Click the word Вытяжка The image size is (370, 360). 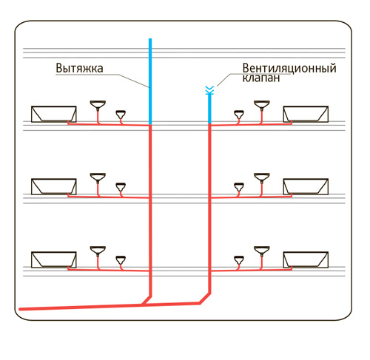79,68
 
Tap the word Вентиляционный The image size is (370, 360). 289,68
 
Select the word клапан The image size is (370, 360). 261,78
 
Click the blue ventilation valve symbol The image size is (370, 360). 209,90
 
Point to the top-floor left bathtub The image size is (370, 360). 54,114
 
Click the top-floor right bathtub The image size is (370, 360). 306,114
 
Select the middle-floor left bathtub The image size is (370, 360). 54,186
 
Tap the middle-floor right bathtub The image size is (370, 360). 306,186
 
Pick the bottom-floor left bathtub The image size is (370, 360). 54,259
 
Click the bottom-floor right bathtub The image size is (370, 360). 306,259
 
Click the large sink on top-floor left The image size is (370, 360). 98,104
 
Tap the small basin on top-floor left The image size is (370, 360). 121,114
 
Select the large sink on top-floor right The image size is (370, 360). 262,104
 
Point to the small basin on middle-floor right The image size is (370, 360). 239,186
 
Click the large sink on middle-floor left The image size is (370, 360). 98,177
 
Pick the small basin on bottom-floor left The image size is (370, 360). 121,259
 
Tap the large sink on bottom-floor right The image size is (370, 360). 262,250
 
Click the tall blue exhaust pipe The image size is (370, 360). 150,81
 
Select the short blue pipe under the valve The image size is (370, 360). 209,109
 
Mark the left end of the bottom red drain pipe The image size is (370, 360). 20,309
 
